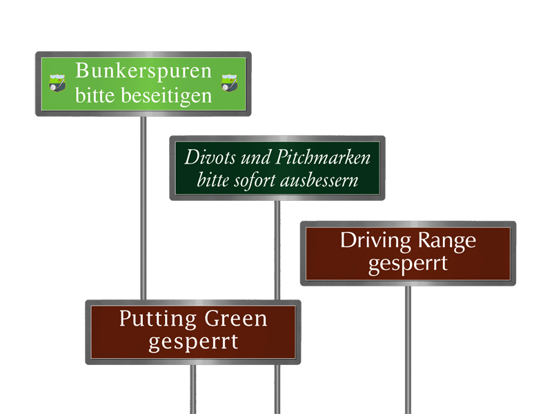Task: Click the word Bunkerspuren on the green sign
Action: [144, 71]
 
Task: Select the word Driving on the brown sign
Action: [375, 241]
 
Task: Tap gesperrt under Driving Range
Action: [408, 264]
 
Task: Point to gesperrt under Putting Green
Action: [193, 342]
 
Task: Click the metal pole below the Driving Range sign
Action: [408, 345]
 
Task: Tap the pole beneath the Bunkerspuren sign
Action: [144, 207]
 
